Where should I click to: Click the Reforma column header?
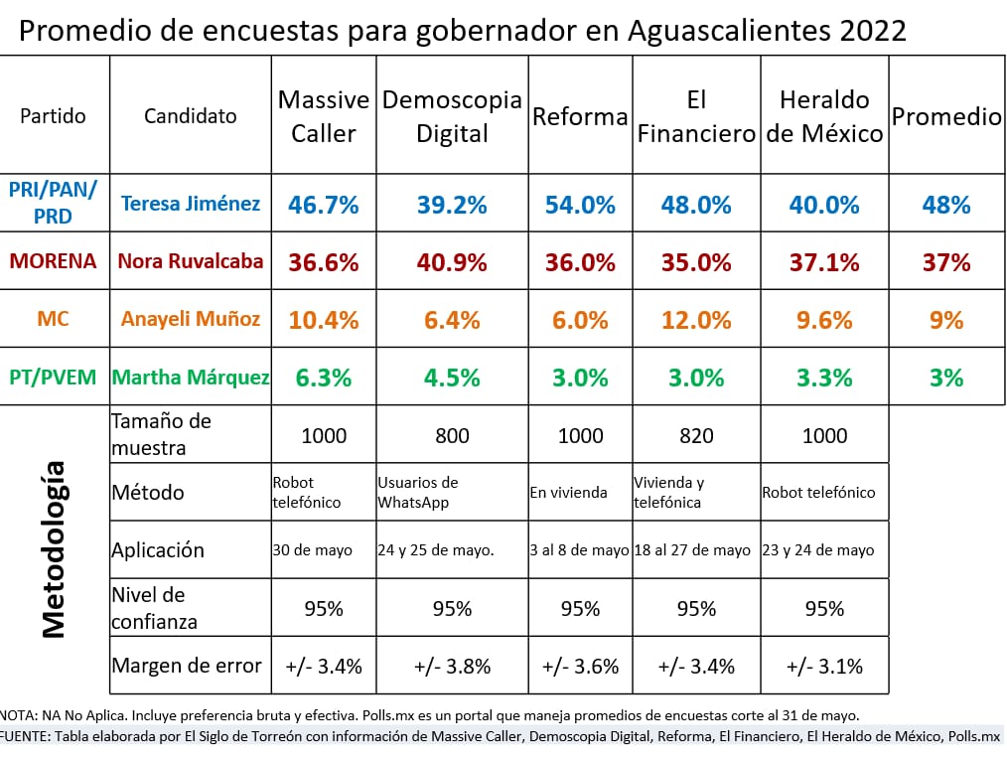[580, 116]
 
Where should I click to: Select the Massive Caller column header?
[324, 116]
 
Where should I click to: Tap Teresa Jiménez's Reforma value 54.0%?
[580, 206]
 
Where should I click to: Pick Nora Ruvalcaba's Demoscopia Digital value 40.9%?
[451, 263]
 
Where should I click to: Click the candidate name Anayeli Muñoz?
[191, 320]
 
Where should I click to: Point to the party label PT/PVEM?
[54, 378]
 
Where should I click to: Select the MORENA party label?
[54, 262]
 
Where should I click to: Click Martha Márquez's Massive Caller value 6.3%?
[324, 378]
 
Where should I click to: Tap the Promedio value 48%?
[945, 206]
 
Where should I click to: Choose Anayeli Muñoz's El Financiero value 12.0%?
[695, 320]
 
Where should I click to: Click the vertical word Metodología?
[54, 548]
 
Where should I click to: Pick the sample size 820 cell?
[695, 435]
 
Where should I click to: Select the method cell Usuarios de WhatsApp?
[418, 492]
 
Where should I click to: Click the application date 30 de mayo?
[312, 550]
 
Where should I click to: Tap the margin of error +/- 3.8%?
[451, 666]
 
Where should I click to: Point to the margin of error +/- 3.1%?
[824, 666]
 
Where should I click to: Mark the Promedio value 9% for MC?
[945, 320]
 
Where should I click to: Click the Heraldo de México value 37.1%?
[824, 263]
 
